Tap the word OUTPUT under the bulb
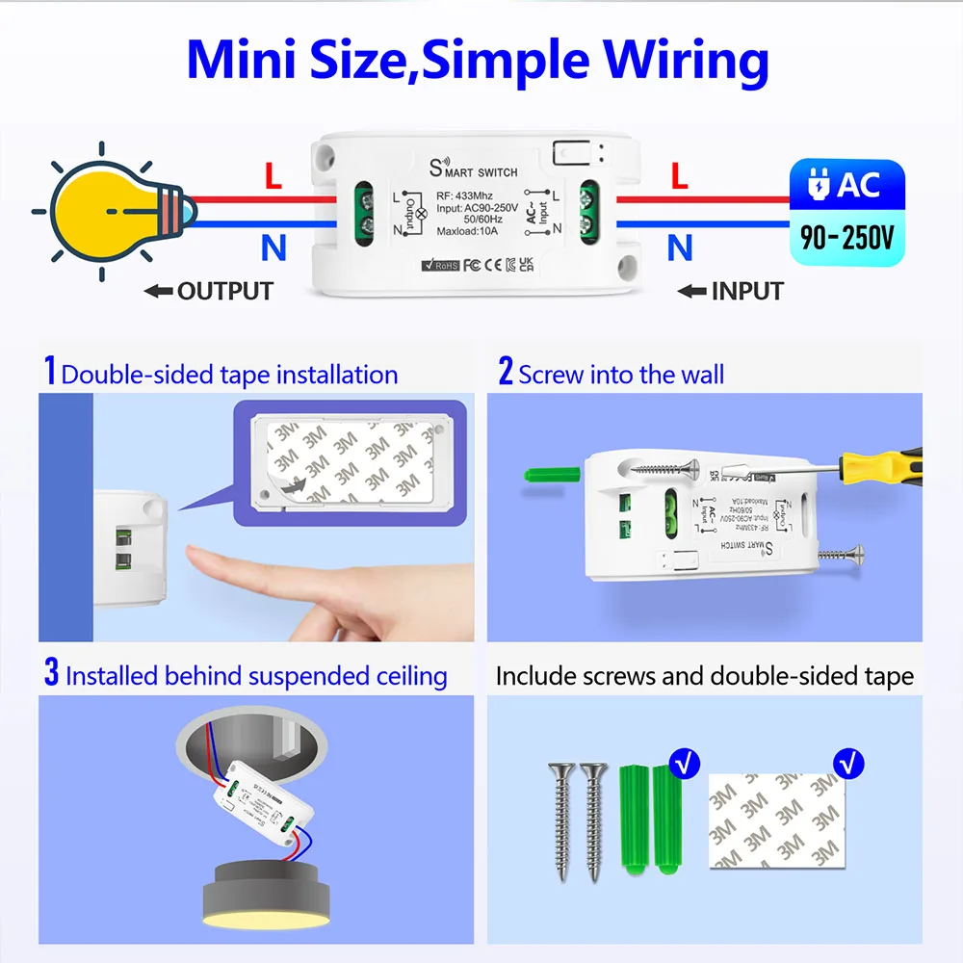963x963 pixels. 224,291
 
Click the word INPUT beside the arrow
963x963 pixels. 747,291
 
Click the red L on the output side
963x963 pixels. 273,176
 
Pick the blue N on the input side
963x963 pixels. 680,248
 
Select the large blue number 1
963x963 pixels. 50,372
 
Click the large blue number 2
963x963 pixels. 506,372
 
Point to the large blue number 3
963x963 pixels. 51,673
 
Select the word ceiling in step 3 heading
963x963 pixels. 402,676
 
